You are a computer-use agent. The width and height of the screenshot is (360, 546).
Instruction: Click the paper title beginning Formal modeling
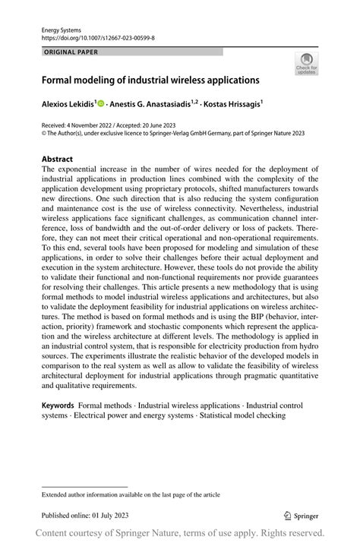click(150, 79)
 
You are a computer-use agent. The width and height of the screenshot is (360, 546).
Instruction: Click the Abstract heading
click(58, 159)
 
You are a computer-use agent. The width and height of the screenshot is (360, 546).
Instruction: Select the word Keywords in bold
click(58, 407)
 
